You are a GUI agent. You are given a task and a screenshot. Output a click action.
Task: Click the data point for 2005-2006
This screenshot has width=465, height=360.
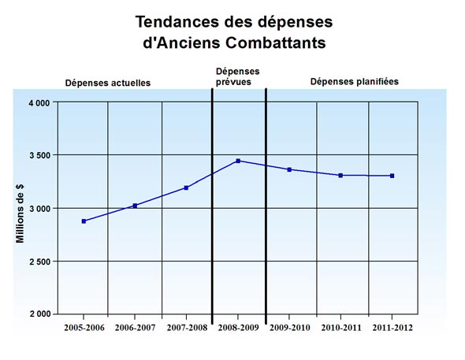point(84,221)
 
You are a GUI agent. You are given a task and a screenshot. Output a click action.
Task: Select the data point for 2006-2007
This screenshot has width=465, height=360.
point(136,206)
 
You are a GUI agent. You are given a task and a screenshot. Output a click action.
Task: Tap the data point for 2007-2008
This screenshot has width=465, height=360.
point(187,187)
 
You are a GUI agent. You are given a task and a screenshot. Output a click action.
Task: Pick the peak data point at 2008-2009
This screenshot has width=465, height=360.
point(238,161)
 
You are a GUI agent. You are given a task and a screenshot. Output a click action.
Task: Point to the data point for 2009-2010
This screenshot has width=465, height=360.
point(290,169)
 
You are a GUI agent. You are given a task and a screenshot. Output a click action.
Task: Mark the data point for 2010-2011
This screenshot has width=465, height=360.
point(340,175)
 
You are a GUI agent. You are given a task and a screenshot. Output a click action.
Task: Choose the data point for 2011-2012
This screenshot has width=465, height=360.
point(392,176)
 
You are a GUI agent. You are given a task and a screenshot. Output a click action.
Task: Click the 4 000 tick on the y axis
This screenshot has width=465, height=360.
point(39,103)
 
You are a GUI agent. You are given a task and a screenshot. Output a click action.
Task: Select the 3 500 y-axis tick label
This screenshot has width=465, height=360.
point(39,156)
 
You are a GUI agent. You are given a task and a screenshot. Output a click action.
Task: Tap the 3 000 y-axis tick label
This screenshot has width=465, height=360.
point(39,209)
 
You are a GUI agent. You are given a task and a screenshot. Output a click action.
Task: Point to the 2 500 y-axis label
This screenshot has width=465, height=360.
point(39,262)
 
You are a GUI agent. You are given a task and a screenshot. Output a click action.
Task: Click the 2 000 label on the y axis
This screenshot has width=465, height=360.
point(39,314)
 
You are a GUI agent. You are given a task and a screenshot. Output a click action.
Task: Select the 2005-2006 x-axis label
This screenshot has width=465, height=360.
point(84,327)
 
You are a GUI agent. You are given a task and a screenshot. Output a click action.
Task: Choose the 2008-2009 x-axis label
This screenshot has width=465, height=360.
point(238,327)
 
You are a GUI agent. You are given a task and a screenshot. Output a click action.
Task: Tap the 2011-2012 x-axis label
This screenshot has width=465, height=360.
point(392,327)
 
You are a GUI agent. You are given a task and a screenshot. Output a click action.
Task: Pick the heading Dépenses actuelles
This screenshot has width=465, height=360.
point(107,83)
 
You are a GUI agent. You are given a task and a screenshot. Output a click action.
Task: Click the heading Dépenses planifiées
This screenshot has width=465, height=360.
point(354,80)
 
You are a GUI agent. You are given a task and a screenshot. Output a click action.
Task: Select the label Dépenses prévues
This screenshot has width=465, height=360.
point(237,76)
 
